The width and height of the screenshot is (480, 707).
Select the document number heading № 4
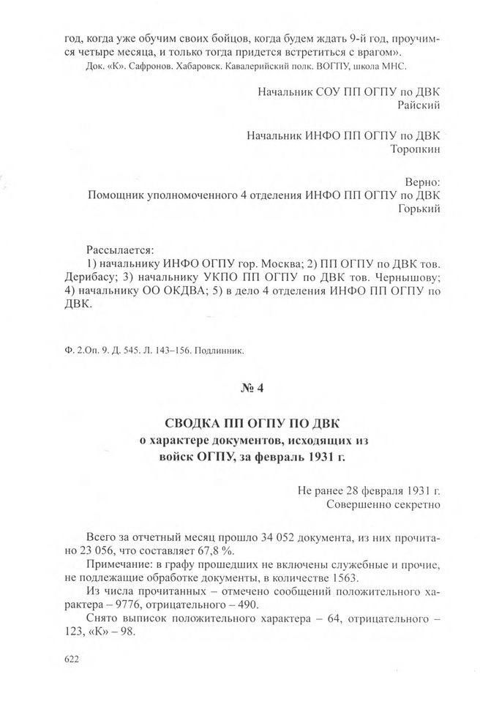pyautogui.click(x=251, y=389)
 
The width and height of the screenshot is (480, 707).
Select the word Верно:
pyautogui.click(x=422, y=180)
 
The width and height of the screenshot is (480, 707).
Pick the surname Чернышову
pyautogui.click(x=407, y=277)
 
